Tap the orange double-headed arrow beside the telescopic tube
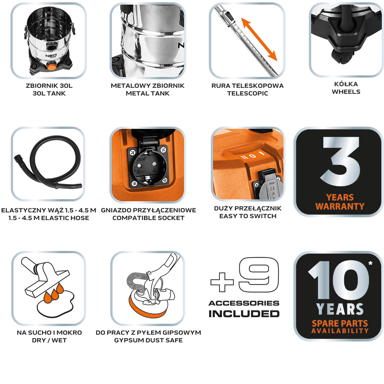click(259, 39)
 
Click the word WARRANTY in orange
click(340, 207)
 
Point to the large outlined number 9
click(258, 274)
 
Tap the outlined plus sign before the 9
click(222, 282)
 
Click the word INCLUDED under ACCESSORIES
click(244, 314)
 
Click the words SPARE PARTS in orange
click(340, 324)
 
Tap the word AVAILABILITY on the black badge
click(340, 331)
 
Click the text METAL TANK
click(148, 93)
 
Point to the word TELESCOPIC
click(247, 93)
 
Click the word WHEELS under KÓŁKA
click(346, 92)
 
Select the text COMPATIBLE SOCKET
click(148, 218)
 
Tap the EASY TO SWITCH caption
click(248, 216)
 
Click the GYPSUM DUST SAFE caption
click(148, 340)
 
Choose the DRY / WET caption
click(49, 340)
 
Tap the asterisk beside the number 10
click(370, 263)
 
